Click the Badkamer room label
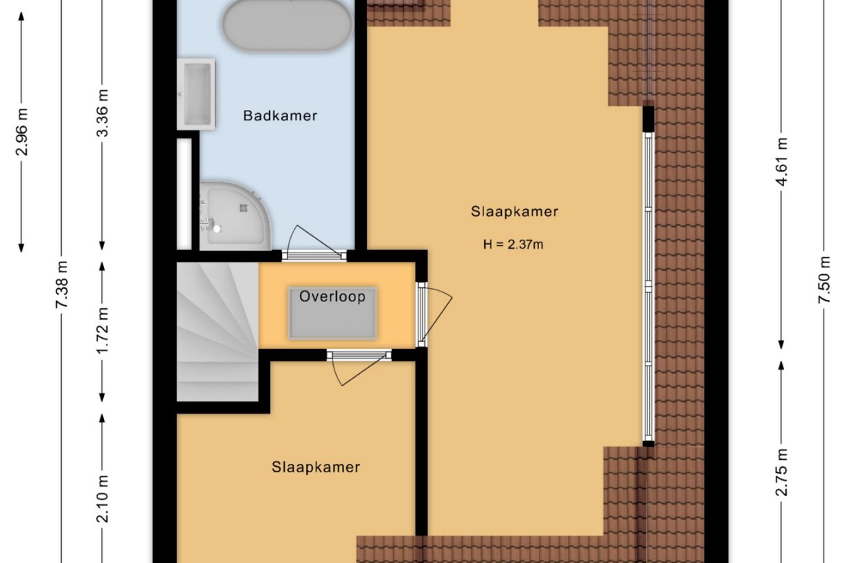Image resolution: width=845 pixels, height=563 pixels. pos(280,116)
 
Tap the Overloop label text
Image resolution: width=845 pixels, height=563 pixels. pos(332,297)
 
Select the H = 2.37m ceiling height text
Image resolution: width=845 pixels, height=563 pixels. pos(513,244)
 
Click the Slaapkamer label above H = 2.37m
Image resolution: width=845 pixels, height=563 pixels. pos(514,212)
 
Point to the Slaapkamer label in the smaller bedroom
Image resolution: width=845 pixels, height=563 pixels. pos(315,467)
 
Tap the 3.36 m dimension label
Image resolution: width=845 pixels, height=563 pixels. pos(103,113)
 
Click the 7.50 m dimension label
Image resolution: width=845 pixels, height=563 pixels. pos(824,279)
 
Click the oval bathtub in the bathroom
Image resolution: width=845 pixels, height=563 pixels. pos(286,24)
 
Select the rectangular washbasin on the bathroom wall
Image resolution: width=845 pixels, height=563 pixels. pos(197,93)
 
